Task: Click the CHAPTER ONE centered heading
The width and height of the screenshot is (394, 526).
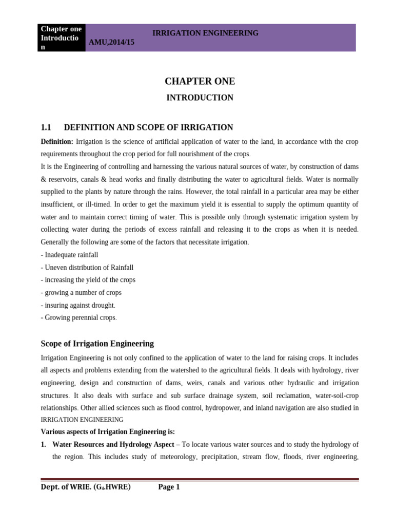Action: (200, 81)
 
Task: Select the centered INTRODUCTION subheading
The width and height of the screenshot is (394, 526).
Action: (200, 98)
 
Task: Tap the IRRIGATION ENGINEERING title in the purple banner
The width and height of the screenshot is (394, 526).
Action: (205, 33)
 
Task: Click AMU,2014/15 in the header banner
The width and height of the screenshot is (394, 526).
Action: (111, 42)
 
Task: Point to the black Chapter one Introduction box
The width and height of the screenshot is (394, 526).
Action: (61, 37)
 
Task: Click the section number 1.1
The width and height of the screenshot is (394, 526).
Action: (46, 127)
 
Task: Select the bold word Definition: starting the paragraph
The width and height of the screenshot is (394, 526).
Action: (57, 141)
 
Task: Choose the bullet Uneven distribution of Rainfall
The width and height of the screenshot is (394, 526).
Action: (87, 268)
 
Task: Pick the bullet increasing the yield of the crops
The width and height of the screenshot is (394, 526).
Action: (88, 280)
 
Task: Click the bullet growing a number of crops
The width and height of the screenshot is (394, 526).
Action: (81, 293)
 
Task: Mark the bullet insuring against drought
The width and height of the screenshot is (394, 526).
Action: (78, 305)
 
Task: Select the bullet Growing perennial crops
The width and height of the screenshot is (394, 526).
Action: (79, 317)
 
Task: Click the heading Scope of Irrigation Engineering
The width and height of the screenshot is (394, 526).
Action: (97, 344)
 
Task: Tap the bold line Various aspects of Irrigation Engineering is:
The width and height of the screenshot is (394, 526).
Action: (108, 431)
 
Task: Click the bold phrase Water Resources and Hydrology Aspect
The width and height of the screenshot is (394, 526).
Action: (113, 444)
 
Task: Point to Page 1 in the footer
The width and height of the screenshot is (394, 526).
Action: (169, 487)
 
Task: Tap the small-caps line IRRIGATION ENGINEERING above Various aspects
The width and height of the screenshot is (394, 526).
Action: (82, 420)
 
